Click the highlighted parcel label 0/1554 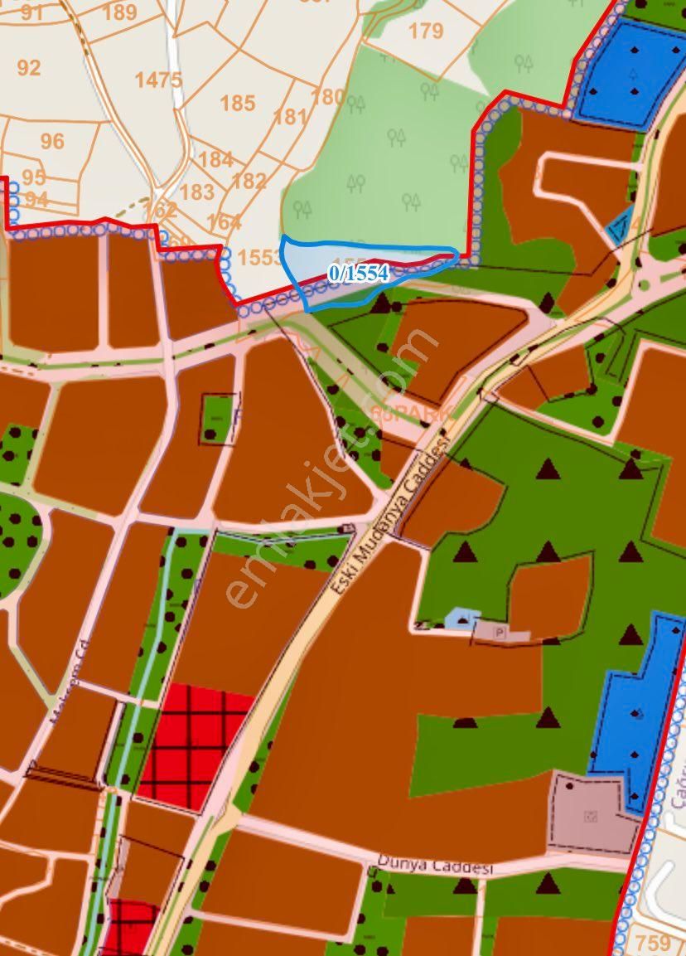click(x=358, y=274)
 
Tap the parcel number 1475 click(x=157, y=80)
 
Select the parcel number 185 click(x=238, y=104)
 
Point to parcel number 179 click(x=426, y=32)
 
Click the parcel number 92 click(x=29, y=67)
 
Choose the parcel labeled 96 click(x=52, y=141)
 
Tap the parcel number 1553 click(x=259, y=257)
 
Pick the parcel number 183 click(x=196, y=192)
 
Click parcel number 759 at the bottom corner click(x=654, y=943)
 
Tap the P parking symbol click(x=500, y=632)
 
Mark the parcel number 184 click(x=215, y=158)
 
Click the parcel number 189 click(x=120, y=12)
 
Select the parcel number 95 click(x=34, y=177)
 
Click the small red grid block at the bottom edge click(x=130, y=927)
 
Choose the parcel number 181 click(x=290, y=116)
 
